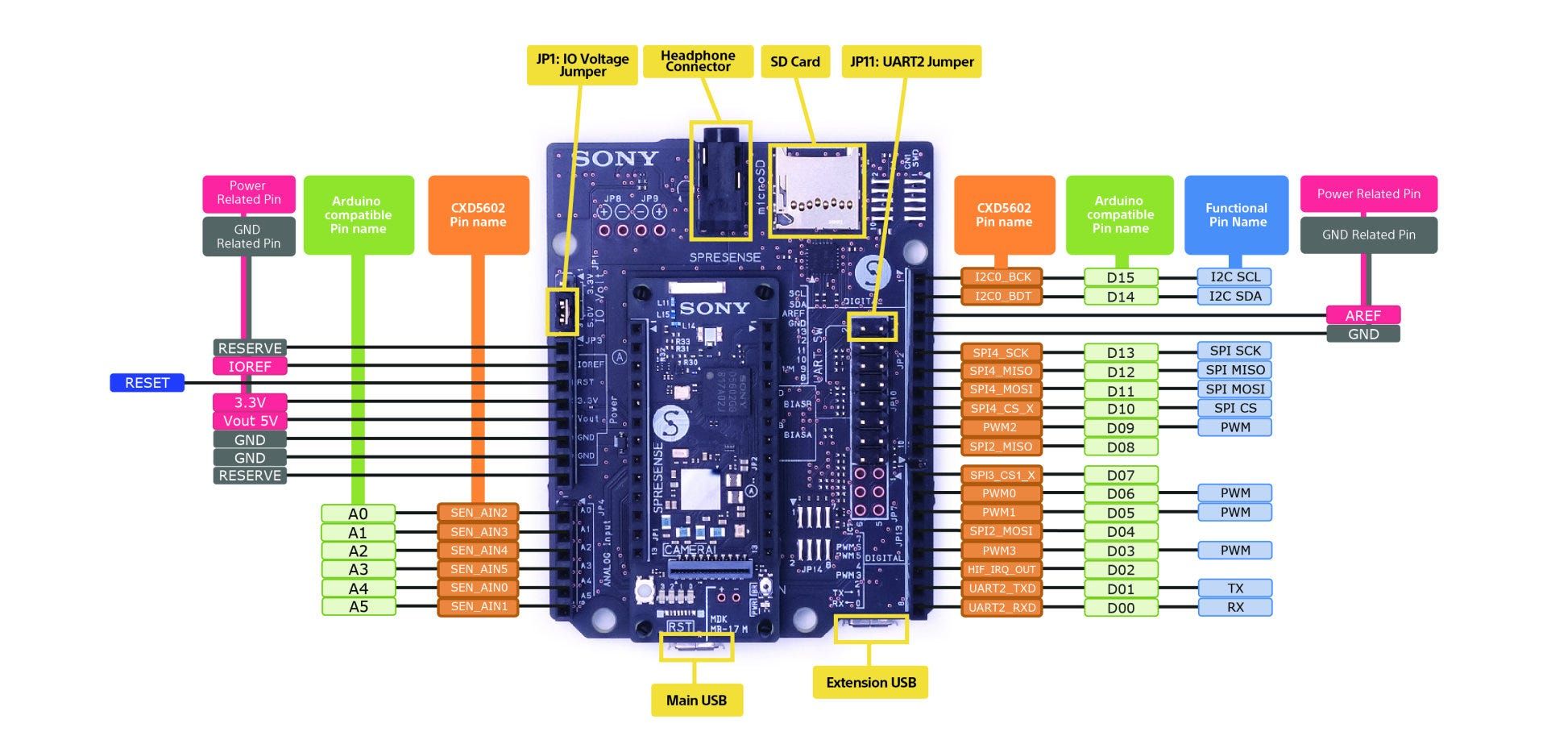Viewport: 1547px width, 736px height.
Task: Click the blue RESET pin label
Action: (147, 383)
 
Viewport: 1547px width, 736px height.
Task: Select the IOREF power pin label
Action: (250, 367)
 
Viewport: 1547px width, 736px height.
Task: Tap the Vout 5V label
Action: (250, 421)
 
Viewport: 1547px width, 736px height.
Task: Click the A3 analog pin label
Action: (358, 569)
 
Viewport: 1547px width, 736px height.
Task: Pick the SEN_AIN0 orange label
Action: (479, 588)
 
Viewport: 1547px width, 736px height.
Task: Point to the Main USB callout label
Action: (696, 700)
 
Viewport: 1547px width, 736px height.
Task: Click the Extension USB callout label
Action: (870, 682)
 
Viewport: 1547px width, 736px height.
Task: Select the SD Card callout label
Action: (794, 62)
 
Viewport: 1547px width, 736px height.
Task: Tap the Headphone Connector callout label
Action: (698, 61)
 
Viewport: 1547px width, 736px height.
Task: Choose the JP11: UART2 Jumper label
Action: (911, 62)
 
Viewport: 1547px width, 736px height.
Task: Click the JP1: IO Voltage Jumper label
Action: (582, 64)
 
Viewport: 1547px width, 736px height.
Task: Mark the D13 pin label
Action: (1120, 352)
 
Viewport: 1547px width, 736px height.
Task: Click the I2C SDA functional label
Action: (1234, 296)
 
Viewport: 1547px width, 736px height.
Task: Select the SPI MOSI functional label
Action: (1234, 389)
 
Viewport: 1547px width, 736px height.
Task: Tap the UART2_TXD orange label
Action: (1002, 588)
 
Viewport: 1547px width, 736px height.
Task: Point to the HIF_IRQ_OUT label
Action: (1002, 569)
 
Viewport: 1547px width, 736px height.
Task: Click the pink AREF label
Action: (1362, 315)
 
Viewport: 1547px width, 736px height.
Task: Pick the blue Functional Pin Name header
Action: (1237, 214)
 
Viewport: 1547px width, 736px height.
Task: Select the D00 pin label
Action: (1120, 608)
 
